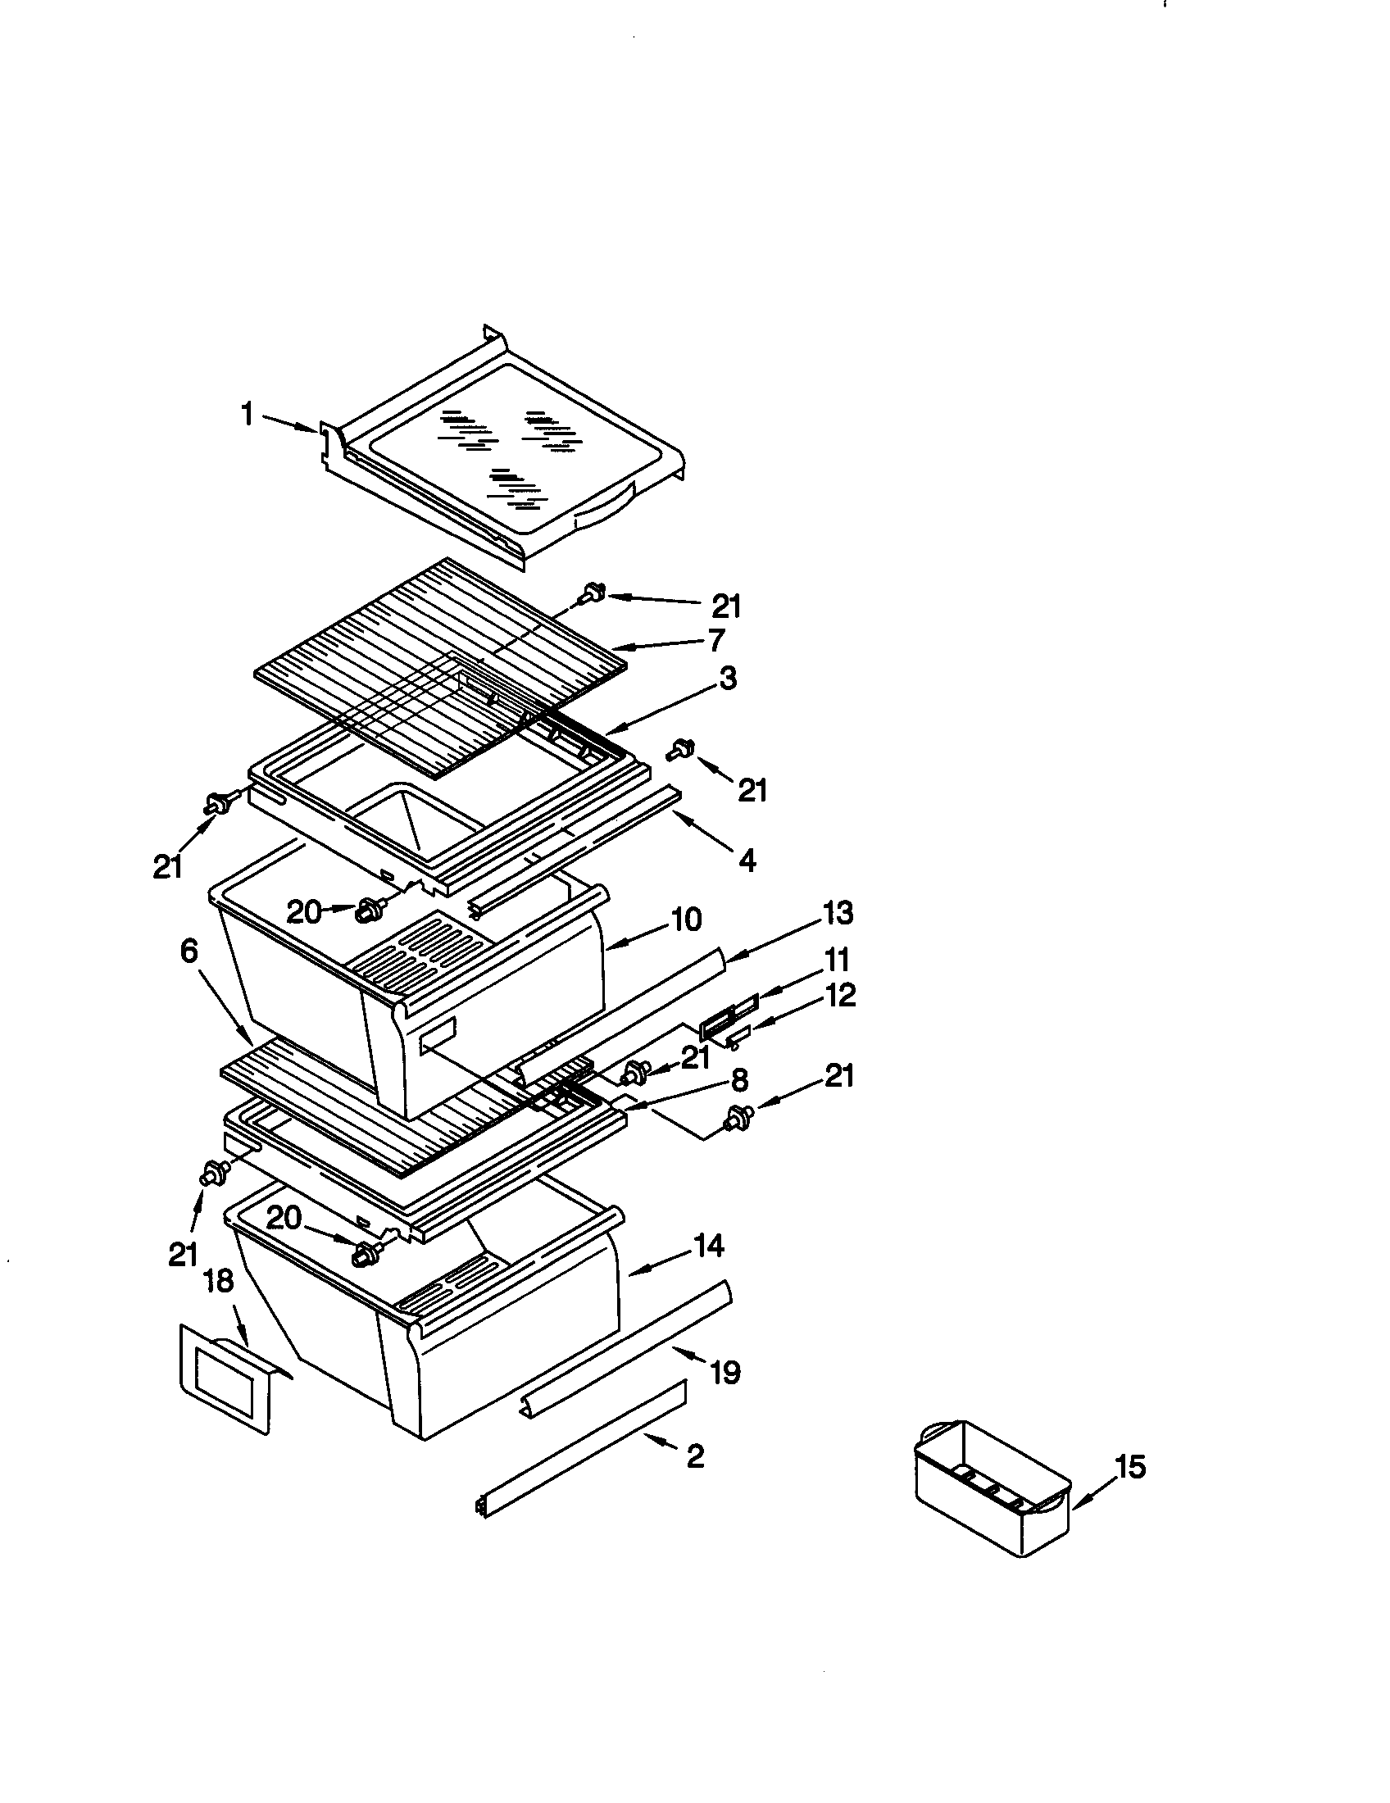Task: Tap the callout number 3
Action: click(726, 679)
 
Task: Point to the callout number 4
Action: click(746, 861)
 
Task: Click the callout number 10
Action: click(686, 920)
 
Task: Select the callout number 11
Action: click(836, 961)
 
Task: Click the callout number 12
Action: click(839, 996)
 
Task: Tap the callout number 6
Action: click(189, 951)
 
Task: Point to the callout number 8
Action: click(738, 1079)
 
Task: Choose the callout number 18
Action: click(219, 1281)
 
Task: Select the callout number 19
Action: click(725, 1373)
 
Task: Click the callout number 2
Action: click(695, 1456)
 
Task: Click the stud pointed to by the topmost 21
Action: click(592, 591)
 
